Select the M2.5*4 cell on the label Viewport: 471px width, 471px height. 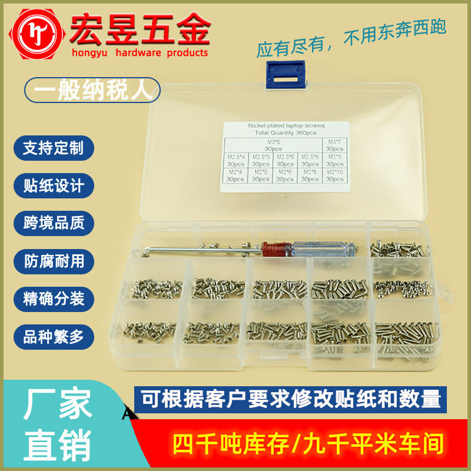(235, 160)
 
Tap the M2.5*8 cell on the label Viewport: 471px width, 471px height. (310, 160)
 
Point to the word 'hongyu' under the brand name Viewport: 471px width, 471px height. (89, 53)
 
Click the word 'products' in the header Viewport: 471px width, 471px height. (187, 53)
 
